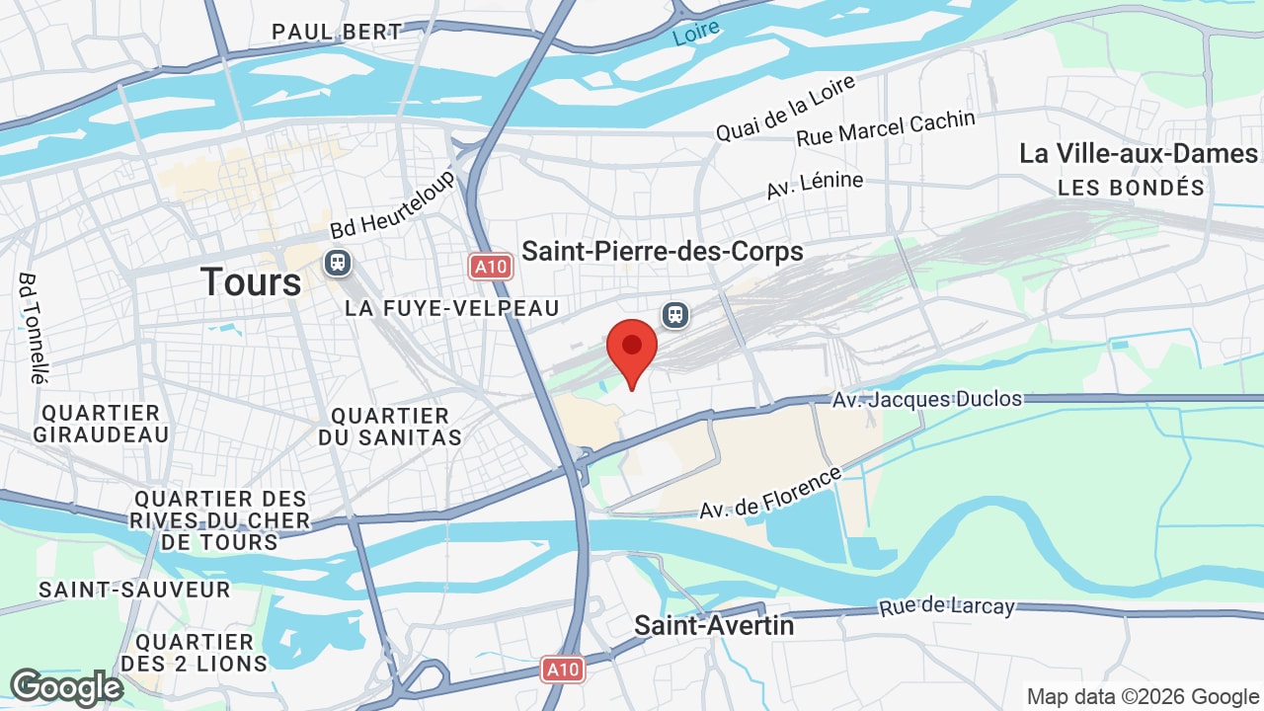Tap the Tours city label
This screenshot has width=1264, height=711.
tap(251, 282)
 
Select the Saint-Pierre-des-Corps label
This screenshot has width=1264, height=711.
tap(663, 252)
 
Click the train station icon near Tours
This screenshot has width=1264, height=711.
tap(338, 263)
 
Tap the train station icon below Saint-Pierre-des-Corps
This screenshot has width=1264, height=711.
tap(675, 315)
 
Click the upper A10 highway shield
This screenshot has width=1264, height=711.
tap(490, 266)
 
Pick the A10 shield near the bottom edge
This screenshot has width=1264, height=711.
tap(563, 670)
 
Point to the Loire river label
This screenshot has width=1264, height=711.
tap(695, 33)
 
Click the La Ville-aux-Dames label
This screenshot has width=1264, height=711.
tap(1139, 154)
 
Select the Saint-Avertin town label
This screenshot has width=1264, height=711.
tap(714, 625)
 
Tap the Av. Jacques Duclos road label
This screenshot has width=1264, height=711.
tap(927, 400)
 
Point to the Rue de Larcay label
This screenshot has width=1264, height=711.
tap(947, 605)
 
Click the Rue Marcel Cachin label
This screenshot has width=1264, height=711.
tap(886, 128)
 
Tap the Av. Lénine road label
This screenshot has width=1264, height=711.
tap(815, 185)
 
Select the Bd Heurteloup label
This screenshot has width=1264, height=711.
tap(392, 203)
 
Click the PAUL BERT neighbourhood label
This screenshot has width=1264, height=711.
tap(338, 32)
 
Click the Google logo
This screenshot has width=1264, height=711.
tap(66, 687)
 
